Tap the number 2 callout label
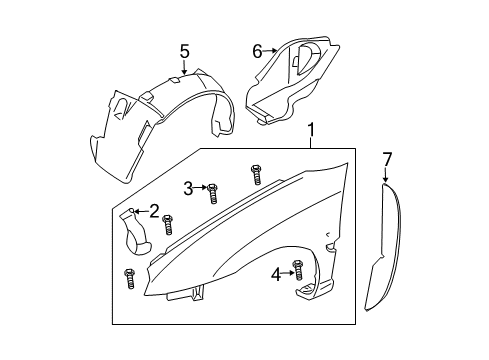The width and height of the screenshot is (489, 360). [154, 210]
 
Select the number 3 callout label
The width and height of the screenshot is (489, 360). [187, 187]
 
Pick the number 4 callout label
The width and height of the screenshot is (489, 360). [275, 274]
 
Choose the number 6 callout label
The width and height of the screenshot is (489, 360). [256, 50]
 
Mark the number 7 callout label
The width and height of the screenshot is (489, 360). [386, 158]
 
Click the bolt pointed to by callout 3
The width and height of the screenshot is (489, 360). [212, 188]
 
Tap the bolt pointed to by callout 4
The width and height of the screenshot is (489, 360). [298, 268]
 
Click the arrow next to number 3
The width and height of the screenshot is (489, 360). [200, 187]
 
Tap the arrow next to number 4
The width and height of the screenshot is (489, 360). [287, 272]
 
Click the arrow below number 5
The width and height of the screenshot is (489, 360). [184, 67]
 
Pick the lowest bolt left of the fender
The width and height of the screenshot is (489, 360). [129, 277]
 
